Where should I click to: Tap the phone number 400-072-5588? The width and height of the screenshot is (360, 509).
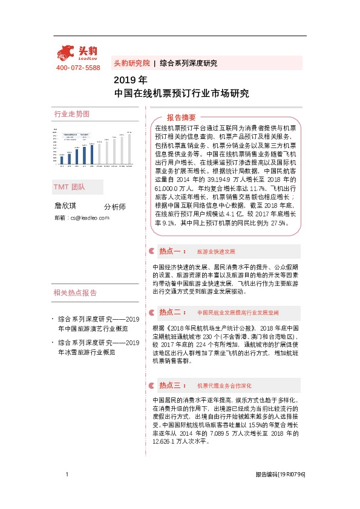[x=78, y=68]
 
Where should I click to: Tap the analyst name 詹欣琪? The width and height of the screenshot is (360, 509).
[x=67, y=206]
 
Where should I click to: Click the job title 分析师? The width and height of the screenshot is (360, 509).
[x=115, y=207]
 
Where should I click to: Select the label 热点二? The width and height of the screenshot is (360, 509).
[x=172, y=313]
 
